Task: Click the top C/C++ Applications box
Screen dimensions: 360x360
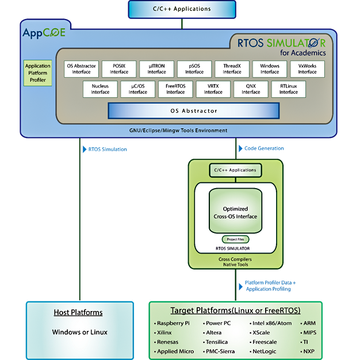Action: click(181, 9)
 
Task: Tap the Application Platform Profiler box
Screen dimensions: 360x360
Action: click(38, 73)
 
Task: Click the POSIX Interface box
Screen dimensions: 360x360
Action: click(119, 69)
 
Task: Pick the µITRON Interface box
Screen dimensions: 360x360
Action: click(156, 69)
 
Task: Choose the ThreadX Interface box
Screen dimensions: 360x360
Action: click(232, 69)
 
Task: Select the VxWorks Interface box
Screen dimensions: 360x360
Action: click(307, 69)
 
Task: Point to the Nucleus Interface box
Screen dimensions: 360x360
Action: click(100, 89)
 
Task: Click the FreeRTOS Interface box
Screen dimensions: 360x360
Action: click(175, 89)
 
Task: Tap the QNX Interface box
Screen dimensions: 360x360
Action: click(251, 89)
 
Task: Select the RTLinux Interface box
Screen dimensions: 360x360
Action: click(288, 89)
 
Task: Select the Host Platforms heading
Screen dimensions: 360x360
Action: click(78, 312)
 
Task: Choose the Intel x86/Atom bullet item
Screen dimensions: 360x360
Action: click(272, 323)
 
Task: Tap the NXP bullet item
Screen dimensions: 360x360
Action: click(309, 351)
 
